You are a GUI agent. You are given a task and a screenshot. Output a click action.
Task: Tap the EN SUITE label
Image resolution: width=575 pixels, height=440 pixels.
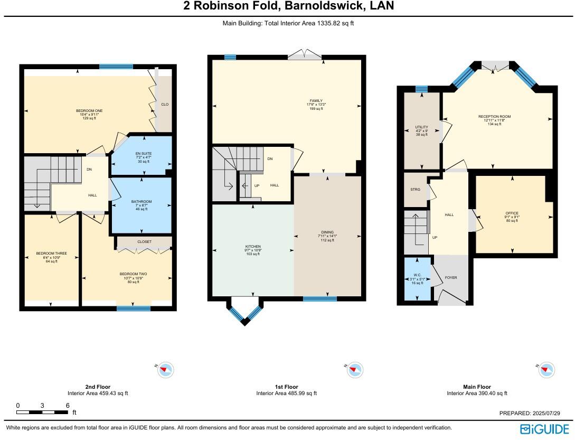(143, 154)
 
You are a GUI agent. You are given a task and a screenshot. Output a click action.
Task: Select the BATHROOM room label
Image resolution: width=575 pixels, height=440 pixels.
(142, 202)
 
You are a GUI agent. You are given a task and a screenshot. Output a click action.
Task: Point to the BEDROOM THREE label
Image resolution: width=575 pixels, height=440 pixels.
(51, 254)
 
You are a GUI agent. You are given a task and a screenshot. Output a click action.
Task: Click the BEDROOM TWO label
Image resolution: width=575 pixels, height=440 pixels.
(133, 274)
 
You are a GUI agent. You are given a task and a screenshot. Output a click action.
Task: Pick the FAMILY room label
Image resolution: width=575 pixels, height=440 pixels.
(316, 101)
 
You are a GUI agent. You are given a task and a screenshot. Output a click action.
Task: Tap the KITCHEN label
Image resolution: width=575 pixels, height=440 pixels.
(253, 247)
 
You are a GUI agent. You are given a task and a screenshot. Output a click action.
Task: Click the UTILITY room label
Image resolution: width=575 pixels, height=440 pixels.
(421, 127)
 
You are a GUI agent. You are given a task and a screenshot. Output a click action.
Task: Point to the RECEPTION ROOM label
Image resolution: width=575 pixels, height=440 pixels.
(494, 117)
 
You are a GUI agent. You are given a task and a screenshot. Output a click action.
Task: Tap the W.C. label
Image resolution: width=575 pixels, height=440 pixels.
(417, 275)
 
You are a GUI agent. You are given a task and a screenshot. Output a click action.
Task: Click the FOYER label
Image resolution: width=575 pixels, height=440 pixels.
(451, 277)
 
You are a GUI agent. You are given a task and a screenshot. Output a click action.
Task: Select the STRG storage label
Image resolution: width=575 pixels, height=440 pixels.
(415, 189)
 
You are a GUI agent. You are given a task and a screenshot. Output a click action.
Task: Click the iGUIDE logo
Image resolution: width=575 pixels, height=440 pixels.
(545, 428)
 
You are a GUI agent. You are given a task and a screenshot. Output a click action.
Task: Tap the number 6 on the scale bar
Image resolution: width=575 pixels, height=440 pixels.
(68, 405)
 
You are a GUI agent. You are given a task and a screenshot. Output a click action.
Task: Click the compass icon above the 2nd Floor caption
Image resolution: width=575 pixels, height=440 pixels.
(166, 370)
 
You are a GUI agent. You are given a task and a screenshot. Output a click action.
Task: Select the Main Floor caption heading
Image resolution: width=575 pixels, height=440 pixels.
(477, 387)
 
